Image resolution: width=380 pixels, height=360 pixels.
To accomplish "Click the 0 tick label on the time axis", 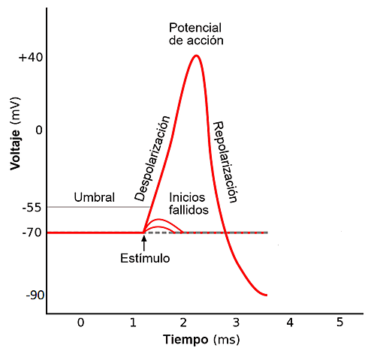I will pos(80,322).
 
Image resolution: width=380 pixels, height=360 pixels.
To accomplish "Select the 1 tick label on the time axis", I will pos(132,322).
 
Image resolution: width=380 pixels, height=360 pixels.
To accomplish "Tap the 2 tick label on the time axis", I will pos(184,322).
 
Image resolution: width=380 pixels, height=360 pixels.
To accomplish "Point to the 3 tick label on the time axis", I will pos(236,322).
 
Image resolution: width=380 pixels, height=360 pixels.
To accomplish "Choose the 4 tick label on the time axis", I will pos(288,322).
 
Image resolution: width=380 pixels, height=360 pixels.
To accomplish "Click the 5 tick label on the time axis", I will pos(339,322).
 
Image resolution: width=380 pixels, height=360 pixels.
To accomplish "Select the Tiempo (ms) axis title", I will pos(201,340).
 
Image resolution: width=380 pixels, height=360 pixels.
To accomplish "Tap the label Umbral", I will pos(94,198).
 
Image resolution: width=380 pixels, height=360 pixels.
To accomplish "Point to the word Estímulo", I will pos(145,258).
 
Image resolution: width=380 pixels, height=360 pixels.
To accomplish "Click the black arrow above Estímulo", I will pos(143,241).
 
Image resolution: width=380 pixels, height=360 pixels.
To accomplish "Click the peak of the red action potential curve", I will pos(196,55).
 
